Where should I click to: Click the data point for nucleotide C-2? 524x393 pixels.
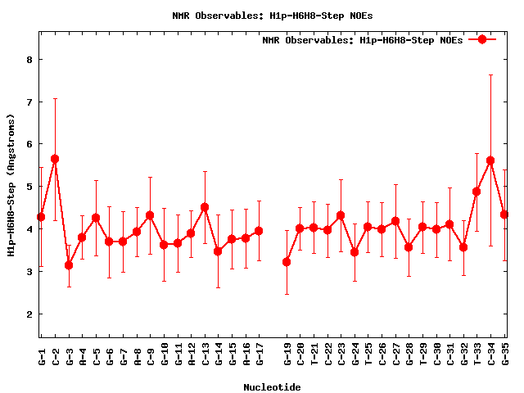[55, 159]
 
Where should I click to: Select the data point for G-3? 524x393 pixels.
[69, 265]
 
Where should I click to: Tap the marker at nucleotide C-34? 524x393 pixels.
[490, 161]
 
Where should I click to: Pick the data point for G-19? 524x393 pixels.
[287, 262]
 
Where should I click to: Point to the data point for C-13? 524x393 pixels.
[205, 207]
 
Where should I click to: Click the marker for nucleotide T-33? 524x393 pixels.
[477, 192]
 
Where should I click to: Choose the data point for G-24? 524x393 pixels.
[355, 252]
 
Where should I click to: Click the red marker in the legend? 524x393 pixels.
[482, 39]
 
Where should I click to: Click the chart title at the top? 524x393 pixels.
[262, 15]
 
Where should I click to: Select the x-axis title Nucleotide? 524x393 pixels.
[272, 387]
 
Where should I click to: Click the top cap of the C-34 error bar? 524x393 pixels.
[490, 75]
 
